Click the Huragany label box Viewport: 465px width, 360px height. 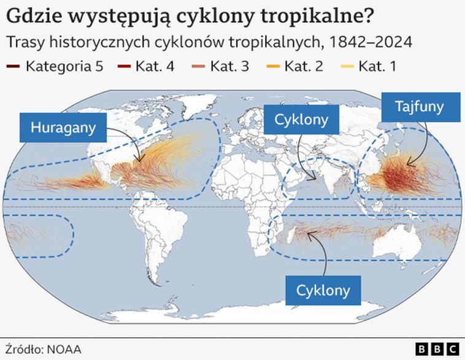(62, 128)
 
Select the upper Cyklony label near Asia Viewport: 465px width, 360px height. (301, 120)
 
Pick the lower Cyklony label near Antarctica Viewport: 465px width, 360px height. (323, 289)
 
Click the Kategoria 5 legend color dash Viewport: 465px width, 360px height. (13, 66)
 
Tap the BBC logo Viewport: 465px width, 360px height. (437, 349)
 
